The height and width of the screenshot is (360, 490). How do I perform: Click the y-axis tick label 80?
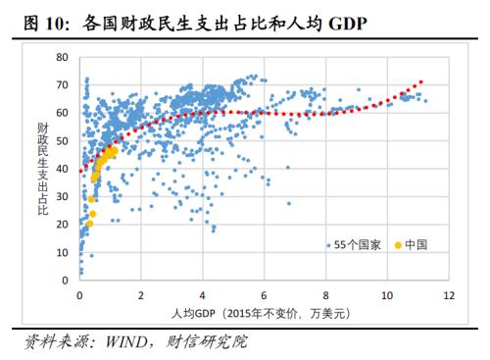(64, 58)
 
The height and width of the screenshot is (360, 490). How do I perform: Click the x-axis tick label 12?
(448, 294)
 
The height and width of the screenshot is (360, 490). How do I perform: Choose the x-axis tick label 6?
(264, 294)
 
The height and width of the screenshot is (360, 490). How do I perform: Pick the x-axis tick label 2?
(141, 294)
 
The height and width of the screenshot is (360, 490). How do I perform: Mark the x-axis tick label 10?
(386, 294)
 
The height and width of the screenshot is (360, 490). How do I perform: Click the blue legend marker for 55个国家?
(329, 244)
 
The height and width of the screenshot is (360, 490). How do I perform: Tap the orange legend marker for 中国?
(398, 244)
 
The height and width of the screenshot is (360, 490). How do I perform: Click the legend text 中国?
(416, 244)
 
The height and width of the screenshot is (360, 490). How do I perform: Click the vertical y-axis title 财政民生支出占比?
(43, 169)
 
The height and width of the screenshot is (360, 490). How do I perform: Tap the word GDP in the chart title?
(344, 22)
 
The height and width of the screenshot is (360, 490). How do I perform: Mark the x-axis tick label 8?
(325, 294)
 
